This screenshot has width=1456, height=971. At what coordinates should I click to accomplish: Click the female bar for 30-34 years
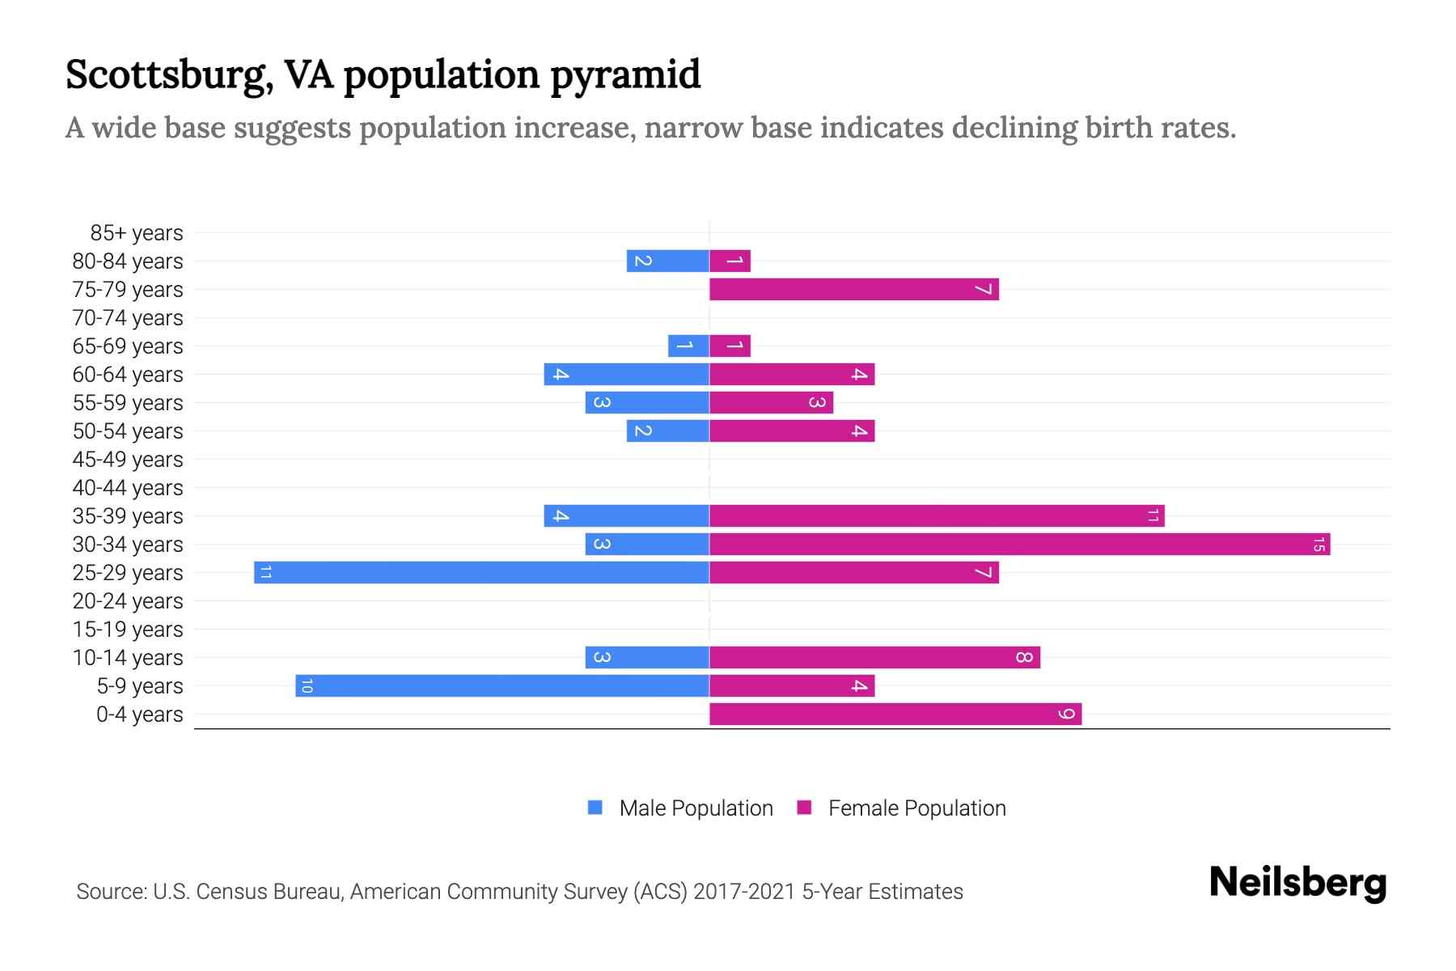click(1019, 544)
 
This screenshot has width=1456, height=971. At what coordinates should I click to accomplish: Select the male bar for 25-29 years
click(481, 572)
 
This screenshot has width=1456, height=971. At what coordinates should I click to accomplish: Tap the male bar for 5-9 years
click(502, 685)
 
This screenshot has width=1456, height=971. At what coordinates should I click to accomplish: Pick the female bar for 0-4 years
click(895, 714)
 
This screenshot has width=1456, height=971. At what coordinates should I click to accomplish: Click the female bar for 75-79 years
click(853, 289)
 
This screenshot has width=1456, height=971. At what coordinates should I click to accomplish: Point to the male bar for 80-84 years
click(667, 261)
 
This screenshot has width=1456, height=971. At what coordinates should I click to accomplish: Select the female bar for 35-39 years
click(937, 515)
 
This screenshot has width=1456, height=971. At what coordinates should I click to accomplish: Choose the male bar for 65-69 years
click(688, 346)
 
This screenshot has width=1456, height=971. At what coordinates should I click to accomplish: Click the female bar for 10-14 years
click(874, 657)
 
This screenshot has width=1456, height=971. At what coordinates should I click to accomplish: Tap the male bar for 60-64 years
click(626, 374)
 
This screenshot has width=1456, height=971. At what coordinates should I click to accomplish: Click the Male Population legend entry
click(679, 808)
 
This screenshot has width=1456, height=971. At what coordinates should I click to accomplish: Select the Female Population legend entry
click(902, 808)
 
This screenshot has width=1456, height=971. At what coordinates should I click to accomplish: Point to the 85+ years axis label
click(136, 233)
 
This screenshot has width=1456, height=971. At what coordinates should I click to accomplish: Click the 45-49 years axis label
click(128, 460)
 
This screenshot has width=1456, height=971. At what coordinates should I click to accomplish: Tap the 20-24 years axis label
click(128, 601)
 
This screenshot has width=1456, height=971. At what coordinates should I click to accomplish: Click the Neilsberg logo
click(1297, 883)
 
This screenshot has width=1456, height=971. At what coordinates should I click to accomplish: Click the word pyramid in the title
click(625, 74)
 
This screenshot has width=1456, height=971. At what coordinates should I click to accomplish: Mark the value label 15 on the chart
click(1318, 544)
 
